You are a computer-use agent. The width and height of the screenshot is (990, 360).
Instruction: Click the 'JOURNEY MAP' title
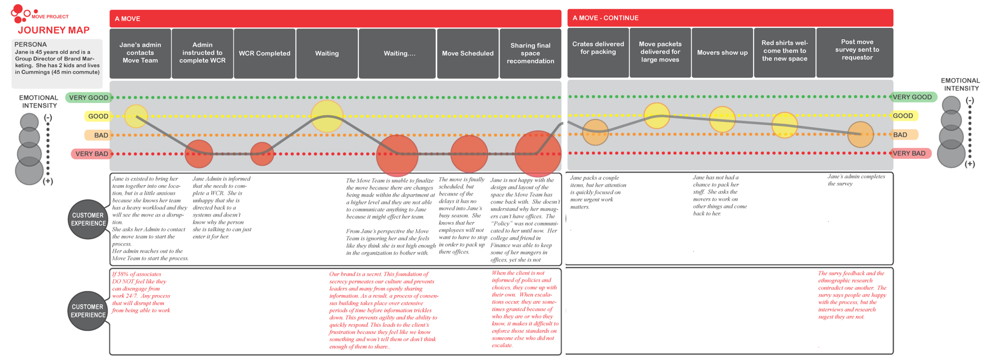54,30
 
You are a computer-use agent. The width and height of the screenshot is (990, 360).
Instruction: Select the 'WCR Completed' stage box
264,54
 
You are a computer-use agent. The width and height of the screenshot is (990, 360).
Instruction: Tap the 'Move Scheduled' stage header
468,54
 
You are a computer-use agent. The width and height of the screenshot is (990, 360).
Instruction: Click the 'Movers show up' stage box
722,52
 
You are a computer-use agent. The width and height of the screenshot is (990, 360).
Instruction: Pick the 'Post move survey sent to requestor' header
857,50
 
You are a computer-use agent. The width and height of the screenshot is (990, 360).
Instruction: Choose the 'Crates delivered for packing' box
598,48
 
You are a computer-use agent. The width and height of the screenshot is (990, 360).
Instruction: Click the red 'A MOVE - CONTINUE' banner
730,18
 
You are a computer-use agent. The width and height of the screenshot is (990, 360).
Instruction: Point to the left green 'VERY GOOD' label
88,97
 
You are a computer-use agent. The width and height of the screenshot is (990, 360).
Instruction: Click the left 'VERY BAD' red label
92,154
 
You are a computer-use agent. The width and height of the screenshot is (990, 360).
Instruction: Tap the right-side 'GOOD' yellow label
903,116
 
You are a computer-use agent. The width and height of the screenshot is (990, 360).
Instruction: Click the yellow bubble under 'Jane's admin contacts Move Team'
136,116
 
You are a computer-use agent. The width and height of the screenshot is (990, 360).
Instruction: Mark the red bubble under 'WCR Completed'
262,154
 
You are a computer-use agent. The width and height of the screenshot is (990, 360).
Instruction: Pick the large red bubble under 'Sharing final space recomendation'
537,153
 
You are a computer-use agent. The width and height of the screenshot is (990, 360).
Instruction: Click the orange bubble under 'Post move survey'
860,134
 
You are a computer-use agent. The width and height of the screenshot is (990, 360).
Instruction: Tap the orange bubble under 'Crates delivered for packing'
595,132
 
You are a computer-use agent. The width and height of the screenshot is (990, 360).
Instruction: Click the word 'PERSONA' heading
31,44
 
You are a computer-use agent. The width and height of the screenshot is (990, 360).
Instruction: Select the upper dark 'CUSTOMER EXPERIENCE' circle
88,219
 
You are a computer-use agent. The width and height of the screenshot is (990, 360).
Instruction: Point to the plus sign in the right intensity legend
969,164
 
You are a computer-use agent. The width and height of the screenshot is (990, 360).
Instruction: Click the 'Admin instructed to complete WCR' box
202,53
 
